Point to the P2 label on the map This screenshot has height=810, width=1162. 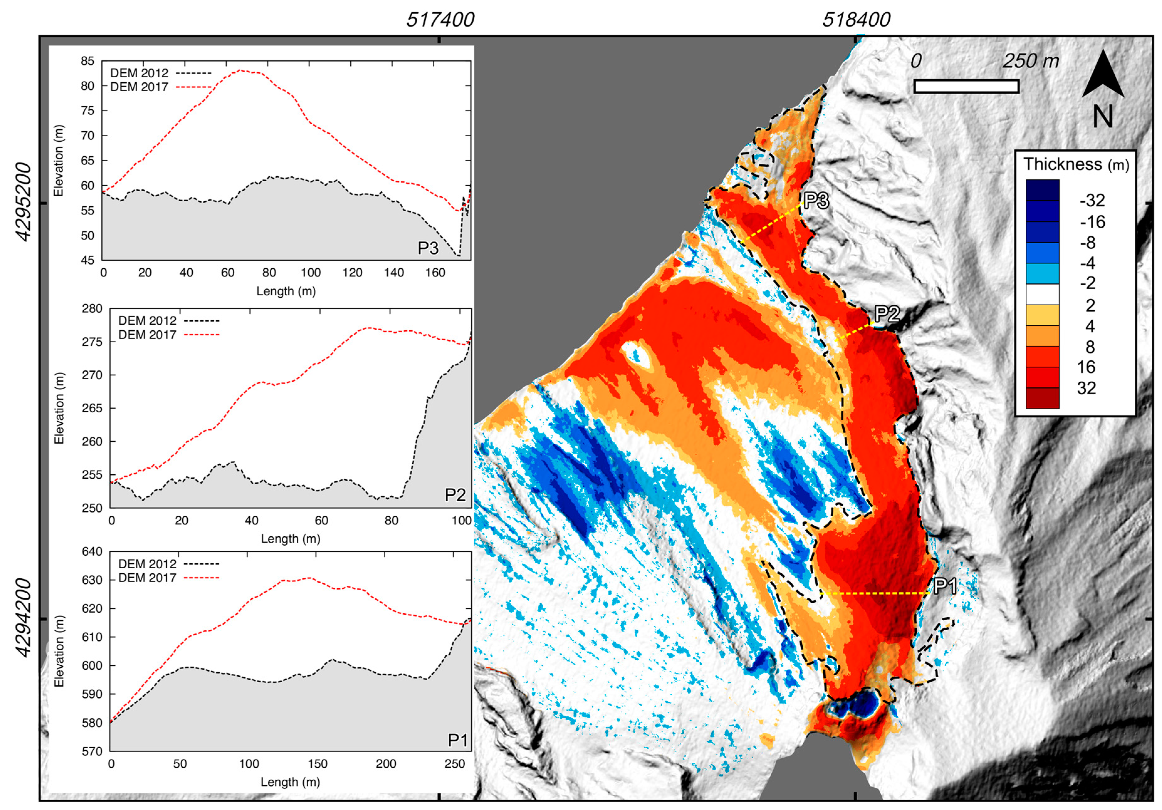click(x=887, y=314)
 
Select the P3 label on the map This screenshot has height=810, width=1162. click(x=816, y=201)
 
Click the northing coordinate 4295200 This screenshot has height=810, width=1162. click(x=23, y=202)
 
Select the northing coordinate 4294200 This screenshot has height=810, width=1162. click(x=23, y=618)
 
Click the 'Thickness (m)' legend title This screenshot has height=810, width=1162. click(x=1076, y=164)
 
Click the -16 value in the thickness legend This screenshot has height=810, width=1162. click(x=1092, y=222)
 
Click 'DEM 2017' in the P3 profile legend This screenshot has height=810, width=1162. click(x=139, y=87)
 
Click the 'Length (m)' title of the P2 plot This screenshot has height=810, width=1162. click(x=290, y=539)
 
